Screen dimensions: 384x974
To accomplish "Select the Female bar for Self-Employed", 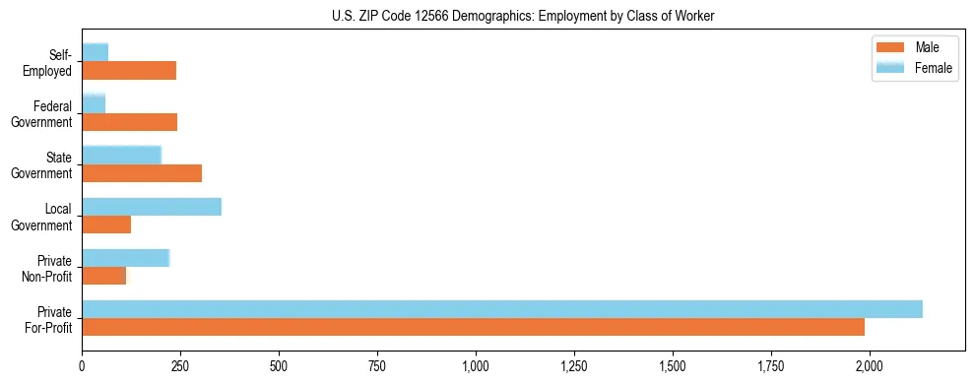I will (96, 52).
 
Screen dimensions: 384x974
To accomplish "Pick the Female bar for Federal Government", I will (94, 103).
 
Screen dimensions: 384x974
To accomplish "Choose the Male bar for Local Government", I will (106, 224).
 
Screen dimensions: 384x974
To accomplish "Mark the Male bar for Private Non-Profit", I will (104, 276).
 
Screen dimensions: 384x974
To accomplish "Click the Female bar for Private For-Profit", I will (502, 309).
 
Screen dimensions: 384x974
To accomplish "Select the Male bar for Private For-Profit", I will (474, 327).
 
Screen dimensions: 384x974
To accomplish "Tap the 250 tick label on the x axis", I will (180, 365).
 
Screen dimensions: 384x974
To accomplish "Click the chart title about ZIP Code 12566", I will (523, 15).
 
